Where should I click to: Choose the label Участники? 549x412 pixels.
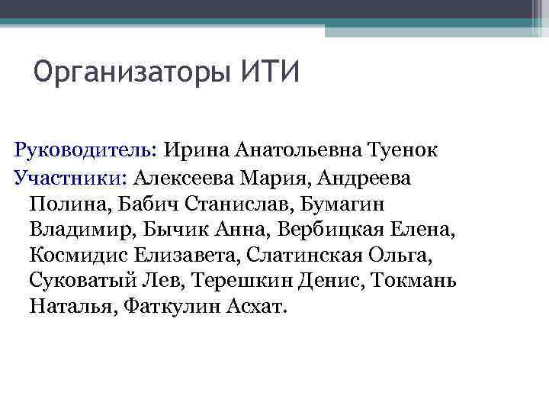pos(70,177)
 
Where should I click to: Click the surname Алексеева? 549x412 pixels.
pos(183,177)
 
